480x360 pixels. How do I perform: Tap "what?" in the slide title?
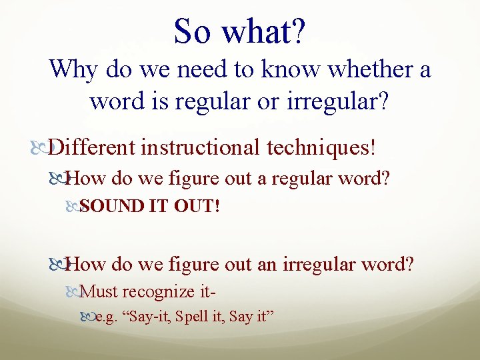click(x=263, y=31)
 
